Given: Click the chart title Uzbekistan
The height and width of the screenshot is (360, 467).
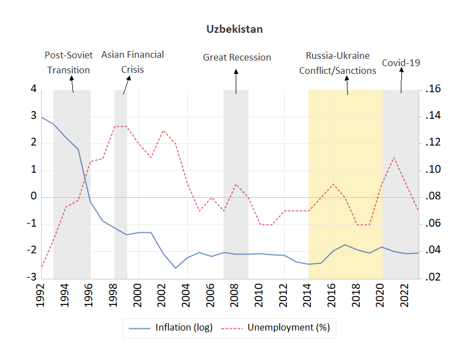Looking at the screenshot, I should point(235,29).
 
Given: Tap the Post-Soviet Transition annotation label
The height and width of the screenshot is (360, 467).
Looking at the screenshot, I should point(68,62).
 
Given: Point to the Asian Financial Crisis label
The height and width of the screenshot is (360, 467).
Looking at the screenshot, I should point(132,62).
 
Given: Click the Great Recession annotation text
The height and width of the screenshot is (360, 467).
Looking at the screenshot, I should point(237,57).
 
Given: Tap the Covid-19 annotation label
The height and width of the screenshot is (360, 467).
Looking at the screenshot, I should point(401,63).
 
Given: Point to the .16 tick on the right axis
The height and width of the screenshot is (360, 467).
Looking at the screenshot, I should point(432,89).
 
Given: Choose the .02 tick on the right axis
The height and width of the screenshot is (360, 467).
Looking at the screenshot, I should point(432,277).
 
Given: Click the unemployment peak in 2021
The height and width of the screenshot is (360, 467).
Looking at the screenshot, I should point(394,157).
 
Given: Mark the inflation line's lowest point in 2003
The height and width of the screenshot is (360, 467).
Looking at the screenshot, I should point(176,268).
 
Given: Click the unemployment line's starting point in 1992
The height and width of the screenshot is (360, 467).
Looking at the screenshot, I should point(42,267).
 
